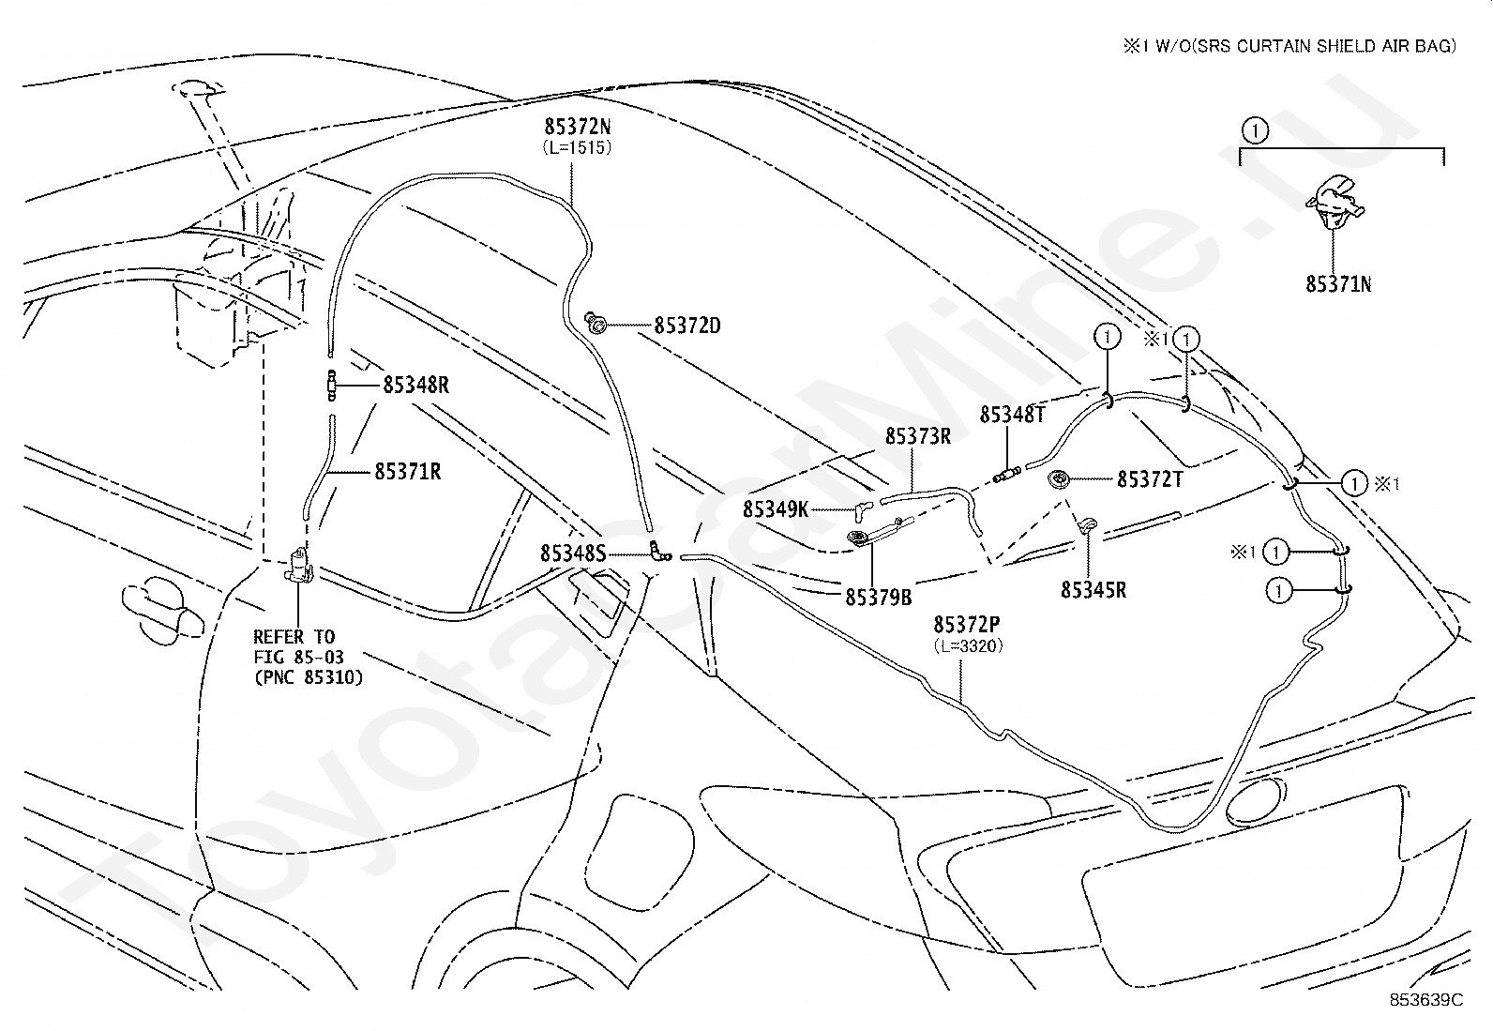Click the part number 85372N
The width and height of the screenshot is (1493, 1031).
coord(577,127)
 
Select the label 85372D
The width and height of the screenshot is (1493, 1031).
coord(687,326)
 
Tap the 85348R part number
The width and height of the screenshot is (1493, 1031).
coord(415,386)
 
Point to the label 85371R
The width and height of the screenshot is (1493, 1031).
coord(408,472)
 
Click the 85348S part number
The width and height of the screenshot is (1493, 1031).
coord(573,553)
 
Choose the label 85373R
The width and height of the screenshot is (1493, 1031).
coord(918,436)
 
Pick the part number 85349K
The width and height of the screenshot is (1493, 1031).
coord(776,509)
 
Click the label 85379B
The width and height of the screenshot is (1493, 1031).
coord(879,598)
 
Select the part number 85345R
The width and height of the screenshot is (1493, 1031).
coord(1093,590)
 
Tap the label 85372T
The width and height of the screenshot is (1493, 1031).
coord(1151,479)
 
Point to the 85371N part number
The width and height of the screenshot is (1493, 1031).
coord(1338,285)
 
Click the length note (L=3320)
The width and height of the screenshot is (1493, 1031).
coord(968,645)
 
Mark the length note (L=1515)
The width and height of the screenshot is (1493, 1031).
coord(577,147)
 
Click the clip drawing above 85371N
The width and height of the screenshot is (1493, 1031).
coord(1334,203)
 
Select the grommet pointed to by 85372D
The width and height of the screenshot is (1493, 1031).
coord(596,323)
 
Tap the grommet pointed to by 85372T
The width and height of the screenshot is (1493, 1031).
coord(1059,479)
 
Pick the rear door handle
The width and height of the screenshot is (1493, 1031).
coord(162,610)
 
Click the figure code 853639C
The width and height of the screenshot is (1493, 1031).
coord(1425,1000)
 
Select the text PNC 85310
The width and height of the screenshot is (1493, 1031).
coord(309,677)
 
